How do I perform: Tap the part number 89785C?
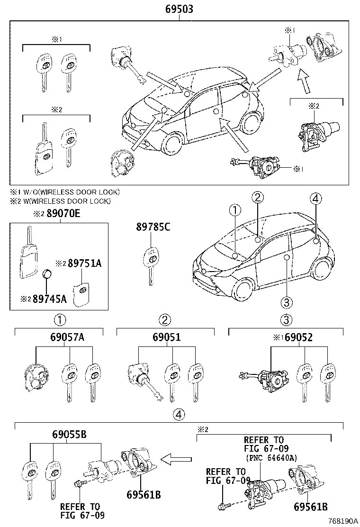coord(153,227)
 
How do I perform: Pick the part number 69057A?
coord(67,337)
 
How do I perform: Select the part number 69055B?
coord(66,434)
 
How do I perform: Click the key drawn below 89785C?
coord(151,265)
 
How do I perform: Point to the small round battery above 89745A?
coord(47,274)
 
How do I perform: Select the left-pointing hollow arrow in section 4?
coord(177,458)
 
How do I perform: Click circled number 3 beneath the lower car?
coord(286,301)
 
